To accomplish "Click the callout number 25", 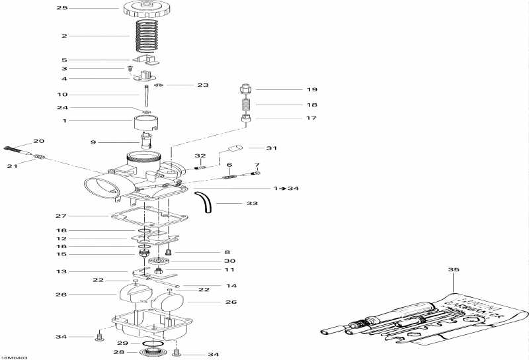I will pos(62,8).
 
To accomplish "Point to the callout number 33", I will pos(252,204).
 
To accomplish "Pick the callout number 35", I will pos(453,270).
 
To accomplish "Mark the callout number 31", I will pos(272,148).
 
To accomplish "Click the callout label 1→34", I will pos(285,189).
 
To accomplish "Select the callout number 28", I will pos(119,353).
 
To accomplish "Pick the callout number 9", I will pos(93,142).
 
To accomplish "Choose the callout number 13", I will pos(61,271).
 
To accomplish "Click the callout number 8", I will pos(227,252).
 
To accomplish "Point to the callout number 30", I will pos(230,261).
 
